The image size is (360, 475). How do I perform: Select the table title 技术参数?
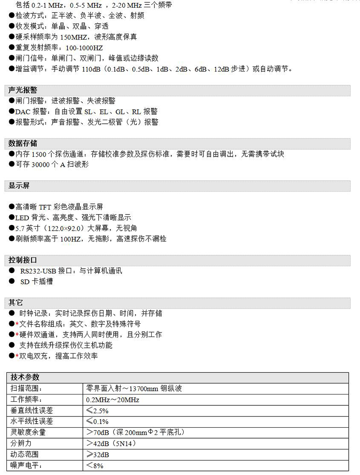pyautogui.click(x=25, y=377)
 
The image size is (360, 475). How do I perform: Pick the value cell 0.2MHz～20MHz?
pyautogui.click(x=112, y=399)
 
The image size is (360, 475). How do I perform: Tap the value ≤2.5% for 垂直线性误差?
pyautogui.click(x=97, y=411)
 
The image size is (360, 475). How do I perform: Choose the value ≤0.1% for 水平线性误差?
pyautogui.click(x=97, y=421)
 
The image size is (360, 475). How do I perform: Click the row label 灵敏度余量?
pyautogui.click(x=28, y=433)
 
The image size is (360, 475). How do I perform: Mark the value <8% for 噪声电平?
pyautogui.click(x=95, y=466)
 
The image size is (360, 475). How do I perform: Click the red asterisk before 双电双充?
pyautogui.click(x=17, y=356)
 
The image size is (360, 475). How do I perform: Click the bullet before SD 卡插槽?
pyautogui.click(x=11, y=282)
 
